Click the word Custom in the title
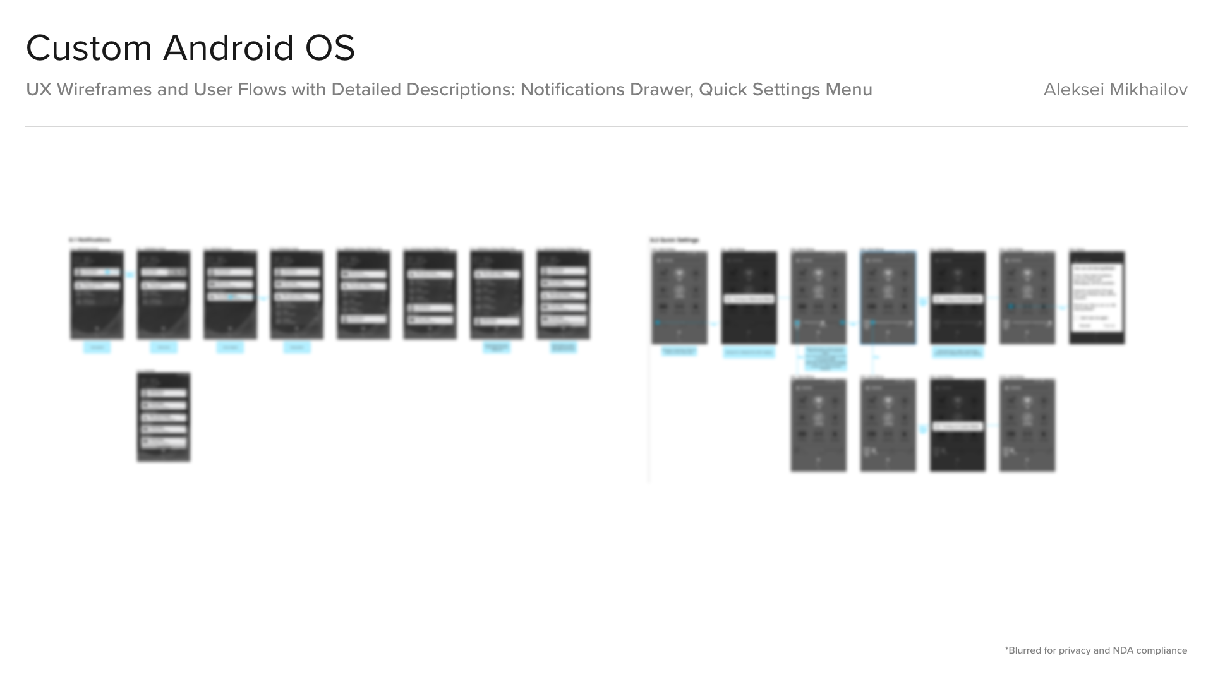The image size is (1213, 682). [88, 48]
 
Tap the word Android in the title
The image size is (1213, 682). [228, 48]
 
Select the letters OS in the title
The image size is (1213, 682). [330, 48]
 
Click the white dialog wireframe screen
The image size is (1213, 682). [1097, 297]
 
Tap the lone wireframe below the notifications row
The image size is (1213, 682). [164, 417]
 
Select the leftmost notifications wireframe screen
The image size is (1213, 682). [97, 294]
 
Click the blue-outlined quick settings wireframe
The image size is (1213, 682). [888, 297]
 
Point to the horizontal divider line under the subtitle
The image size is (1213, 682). [606, 126]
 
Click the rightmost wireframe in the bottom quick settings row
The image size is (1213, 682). [1027, 424]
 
